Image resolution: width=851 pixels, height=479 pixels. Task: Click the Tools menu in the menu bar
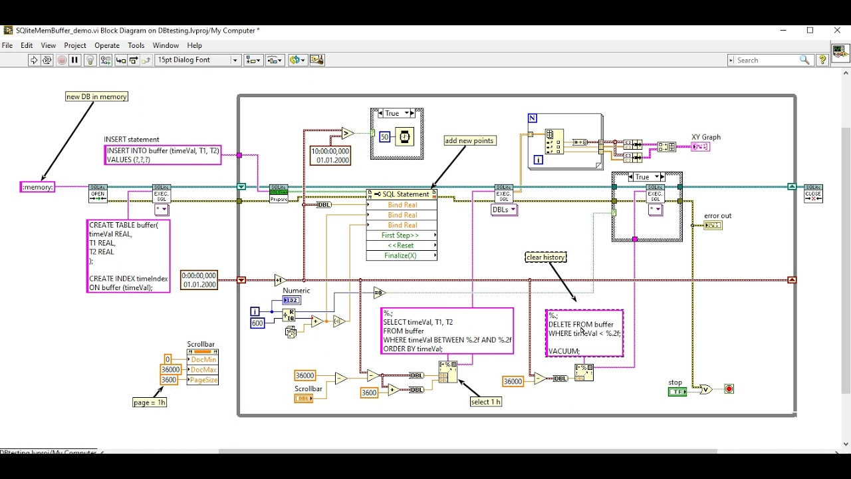tap(136, 45)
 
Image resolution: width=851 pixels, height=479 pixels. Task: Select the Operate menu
tap(107, 45)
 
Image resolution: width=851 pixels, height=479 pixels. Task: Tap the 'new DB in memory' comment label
tap(96, 96)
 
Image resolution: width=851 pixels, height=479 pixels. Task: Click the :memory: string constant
tap(37, 187)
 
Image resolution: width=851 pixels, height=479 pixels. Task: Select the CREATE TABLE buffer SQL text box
tap(128, 256)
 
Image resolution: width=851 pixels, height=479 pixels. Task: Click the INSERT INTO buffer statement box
tap(163, 155)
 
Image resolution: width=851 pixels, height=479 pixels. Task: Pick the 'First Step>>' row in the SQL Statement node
tap(401, 236)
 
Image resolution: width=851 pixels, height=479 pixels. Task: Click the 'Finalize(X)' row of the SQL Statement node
tap(402, 255)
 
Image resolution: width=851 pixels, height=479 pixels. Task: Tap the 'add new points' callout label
tap(470, 140)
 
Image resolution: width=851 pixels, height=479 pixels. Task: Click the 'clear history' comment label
tap(545, 257)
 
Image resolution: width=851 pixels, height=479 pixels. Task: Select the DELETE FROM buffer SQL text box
tap(584, 333)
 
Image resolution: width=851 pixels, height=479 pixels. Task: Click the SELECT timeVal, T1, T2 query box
tap(447, 331)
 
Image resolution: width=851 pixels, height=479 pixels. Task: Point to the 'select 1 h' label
tap(486, 402)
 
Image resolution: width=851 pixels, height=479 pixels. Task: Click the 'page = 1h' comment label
tap(150, 402)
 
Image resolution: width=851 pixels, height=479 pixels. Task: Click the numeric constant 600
tap(257, 323)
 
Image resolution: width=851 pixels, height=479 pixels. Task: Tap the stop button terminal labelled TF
tap(677, 392)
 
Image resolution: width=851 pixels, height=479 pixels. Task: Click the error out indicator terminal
tap(713, 226)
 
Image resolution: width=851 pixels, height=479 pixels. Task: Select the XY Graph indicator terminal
tap(700, 147)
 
